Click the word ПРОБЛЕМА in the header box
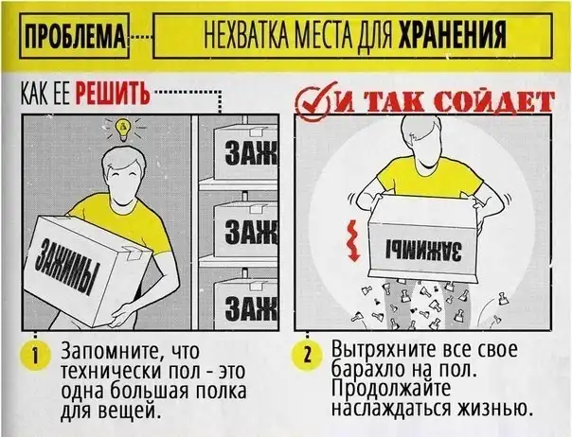pyautogui.click(x=75, y=36)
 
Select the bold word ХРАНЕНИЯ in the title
pyautogui.click(x=453, y=35)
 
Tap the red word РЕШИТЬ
pyautogui.click(x=113, y=94)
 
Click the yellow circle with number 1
pyautogui.click(x=35, y=356)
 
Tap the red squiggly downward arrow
pyautogui.click(x=351, y=240)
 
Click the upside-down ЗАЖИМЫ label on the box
pyautogui.click(x=422, y=250)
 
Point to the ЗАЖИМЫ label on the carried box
pyautogui.click(x=65, y=266)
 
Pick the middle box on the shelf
pyautogui.click(x=245, y=230)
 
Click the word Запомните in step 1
pyautogui.click(x=111, y=351)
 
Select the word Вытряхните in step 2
pyautogui.click(x=384, y=350)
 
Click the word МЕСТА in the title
pyautogui.click(x=324, y=35)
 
